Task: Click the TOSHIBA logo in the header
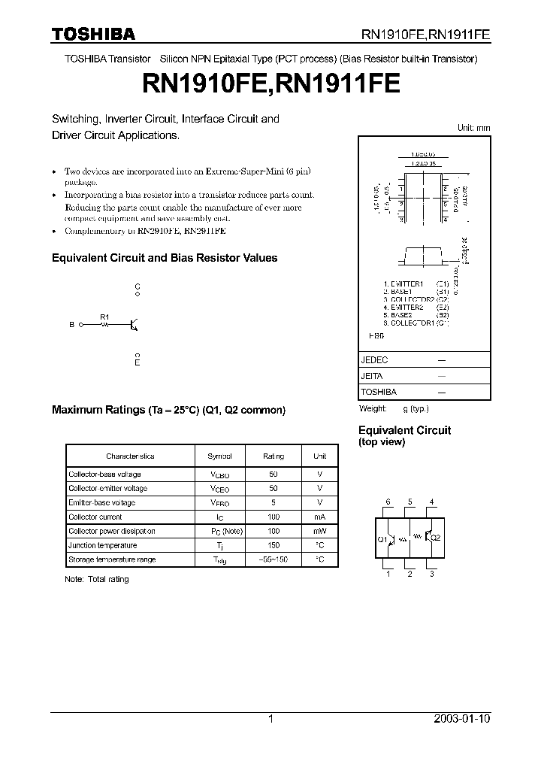(93, 34)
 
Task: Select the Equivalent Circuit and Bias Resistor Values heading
(164, 258)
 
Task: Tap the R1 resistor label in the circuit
(104, 317)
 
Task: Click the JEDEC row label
(374, 360)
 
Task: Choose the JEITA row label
(372, 376)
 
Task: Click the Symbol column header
(219, 456)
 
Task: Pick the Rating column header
(274, 456)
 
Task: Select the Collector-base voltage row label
(104, 474)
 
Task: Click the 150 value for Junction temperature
(274, 545)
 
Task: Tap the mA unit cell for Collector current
(319, 517)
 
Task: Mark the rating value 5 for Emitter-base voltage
(274, 502)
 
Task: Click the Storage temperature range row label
(112, 559)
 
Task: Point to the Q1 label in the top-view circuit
(381, 539)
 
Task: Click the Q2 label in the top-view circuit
(437, 539)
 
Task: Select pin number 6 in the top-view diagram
(388, 502)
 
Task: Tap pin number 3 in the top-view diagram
(431, 575)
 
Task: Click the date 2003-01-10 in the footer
(462, 719)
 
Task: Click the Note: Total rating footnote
(97, 579)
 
